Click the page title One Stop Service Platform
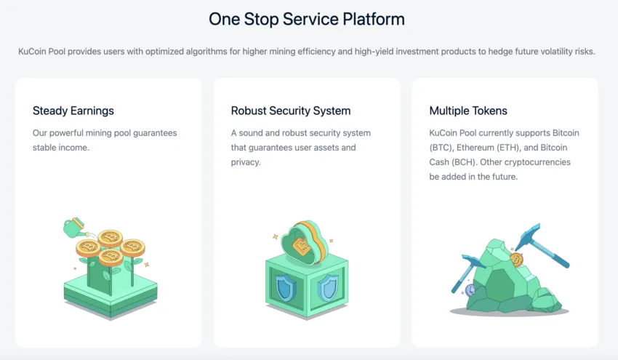point(306,19)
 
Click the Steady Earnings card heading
point(73,111)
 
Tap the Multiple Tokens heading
point(468,111)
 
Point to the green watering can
point(74,228)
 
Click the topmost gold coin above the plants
point(111,237)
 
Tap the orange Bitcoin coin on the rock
point(517,260)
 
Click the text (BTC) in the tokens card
point(443,148)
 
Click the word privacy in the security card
point(245,161)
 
